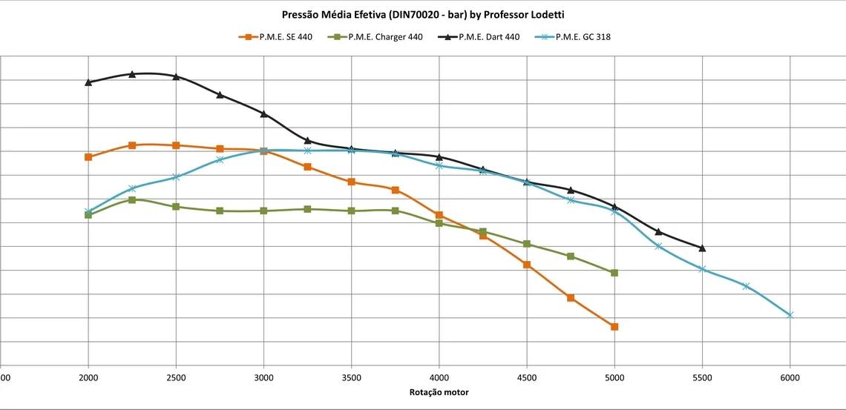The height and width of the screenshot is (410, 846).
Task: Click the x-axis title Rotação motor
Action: [x=439, y=392]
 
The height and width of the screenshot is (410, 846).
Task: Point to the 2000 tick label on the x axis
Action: [x=88, y=377]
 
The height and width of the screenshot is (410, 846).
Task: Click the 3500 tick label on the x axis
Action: [x=351, y=377]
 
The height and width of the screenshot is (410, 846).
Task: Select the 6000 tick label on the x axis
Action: [x=790, y=377]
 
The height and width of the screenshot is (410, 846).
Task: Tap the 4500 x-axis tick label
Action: [x=527, y=377]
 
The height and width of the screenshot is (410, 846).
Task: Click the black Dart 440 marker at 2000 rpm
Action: [x=88, y=82]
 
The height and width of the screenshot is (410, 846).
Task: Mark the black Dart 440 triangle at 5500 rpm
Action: [x=702, y=248]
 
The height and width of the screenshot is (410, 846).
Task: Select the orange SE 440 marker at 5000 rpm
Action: [x=614, y=327]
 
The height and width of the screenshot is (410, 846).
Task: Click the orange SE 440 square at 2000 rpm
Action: [x=88, y=157]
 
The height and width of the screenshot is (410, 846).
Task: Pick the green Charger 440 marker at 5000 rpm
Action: [x=614, y=273]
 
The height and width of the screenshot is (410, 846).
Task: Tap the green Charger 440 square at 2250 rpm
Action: [x=132, y=200]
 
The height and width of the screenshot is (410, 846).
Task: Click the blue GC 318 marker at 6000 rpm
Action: [x=790, y=315]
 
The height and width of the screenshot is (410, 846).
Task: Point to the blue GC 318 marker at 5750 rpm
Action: [x=746, y=286]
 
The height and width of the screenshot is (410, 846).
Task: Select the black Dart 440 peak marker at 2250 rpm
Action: [x=132, y=74]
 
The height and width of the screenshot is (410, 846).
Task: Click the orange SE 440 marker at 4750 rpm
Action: [x=571, y=298]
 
